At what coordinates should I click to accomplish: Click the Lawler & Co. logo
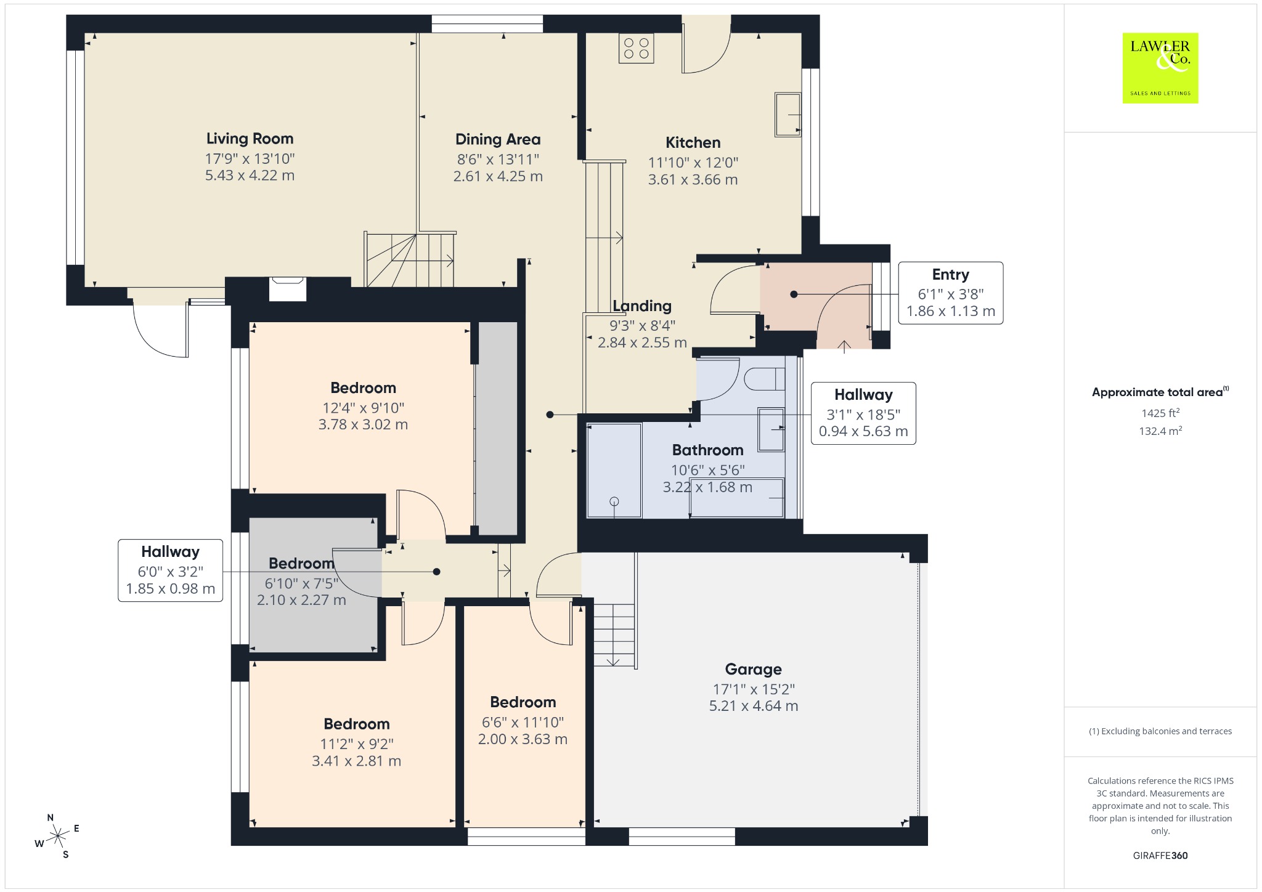coord(1160,68)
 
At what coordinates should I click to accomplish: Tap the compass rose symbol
coord(57,836)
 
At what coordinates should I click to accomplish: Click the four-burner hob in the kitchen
coord(636,48)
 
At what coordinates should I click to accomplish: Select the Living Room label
coord(250,139)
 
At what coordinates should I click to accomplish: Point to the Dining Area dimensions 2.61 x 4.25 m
coord(498,177)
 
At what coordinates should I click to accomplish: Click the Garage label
coord(753,669)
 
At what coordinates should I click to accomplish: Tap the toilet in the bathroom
coord(765,378)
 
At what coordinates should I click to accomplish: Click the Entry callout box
coord(950,293)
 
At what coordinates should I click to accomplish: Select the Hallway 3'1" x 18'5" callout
coord(863,413)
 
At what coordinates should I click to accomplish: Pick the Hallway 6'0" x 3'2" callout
coord(170,570)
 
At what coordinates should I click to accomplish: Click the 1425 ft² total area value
coord(1160,413)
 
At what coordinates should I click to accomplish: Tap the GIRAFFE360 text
coord(1160,856)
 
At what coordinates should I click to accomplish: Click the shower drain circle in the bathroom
coord(614,502)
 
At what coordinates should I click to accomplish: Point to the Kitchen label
coord(693,142)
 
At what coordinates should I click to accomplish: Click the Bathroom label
coord(707,450)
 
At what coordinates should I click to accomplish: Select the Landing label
coord(642,306)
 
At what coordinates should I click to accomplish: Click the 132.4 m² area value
coord(1160,431)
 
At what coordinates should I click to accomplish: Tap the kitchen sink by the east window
coord(788,115)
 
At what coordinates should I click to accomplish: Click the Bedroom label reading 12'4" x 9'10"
coord(363,387)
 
